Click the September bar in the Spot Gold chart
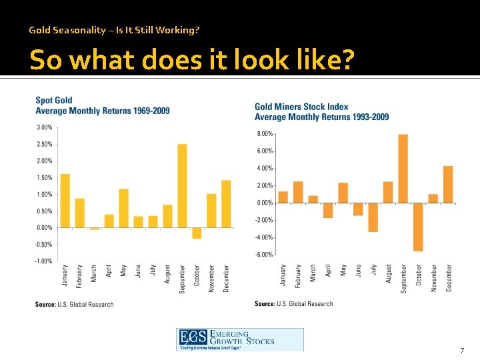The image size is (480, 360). pos(182,186)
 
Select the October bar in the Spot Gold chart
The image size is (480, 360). pos(197,233)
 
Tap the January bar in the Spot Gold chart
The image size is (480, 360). pos(65,201)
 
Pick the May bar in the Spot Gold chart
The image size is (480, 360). pos(123,208)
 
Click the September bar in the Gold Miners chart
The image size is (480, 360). pos(403,169)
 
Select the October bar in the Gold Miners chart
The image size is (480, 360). pos(418,227)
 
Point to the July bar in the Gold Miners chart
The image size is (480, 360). pos(373,217)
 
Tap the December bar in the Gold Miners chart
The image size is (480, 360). pos(448,184)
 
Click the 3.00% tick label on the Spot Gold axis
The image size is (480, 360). pos(44,127)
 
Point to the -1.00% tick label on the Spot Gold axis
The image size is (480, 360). pos(44,261)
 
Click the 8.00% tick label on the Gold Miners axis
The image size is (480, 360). pos(264,134)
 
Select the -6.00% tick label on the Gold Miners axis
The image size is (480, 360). pos(264,255)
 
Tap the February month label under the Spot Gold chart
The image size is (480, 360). pos(79,277)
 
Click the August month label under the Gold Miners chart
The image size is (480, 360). pos(389,274)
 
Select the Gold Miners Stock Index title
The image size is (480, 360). pos(321,111)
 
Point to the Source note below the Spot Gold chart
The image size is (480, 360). pos(74,305)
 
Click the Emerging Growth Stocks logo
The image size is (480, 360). pos(239,339)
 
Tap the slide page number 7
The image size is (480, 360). pos(462,351)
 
